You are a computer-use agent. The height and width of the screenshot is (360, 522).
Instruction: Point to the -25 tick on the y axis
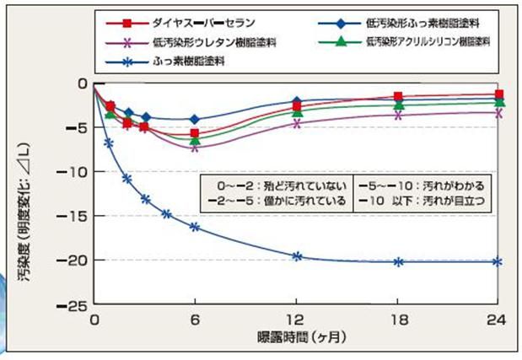[74, 305]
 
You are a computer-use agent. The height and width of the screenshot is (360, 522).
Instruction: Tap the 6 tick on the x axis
[195, 320]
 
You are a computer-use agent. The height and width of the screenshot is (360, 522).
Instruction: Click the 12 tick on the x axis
[296, 320]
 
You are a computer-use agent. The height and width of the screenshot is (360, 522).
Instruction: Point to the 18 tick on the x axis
[398, 320]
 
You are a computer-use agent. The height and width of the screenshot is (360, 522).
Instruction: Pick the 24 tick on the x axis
[498, 320]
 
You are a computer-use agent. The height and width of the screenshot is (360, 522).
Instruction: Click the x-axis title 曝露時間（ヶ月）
[297, 337]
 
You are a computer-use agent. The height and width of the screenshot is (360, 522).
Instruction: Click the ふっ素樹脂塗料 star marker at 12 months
[296, 256]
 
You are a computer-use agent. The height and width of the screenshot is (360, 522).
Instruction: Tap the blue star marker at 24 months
[498, 261]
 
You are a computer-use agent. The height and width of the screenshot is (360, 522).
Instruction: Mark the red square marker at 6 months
[195, 133]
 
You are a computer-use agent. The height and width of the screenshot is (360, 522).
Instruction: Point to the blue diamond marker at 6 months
[195, 120]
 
